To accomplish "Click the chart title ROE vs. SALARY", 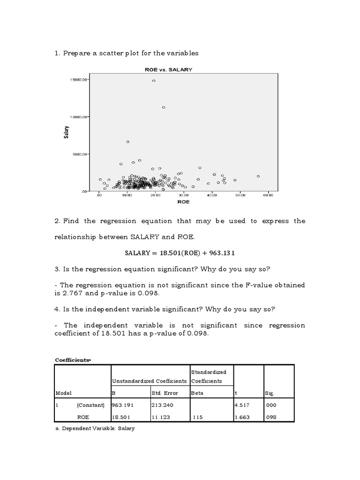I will tap(168, 69).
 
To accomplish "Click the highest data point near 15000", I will tap(153, 81).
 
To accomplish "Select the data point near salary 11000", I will tap(164, 107).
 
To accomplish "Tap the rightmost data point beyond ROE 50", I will tap(258, 176).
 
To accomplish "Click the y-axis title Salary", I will tap(67, 133).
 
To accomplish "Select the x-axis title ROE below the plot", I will tap(183, 202).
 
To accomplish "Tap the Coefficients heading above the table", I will tap(73, 360).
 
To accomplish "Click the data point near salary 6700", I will tap(127, 142).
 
